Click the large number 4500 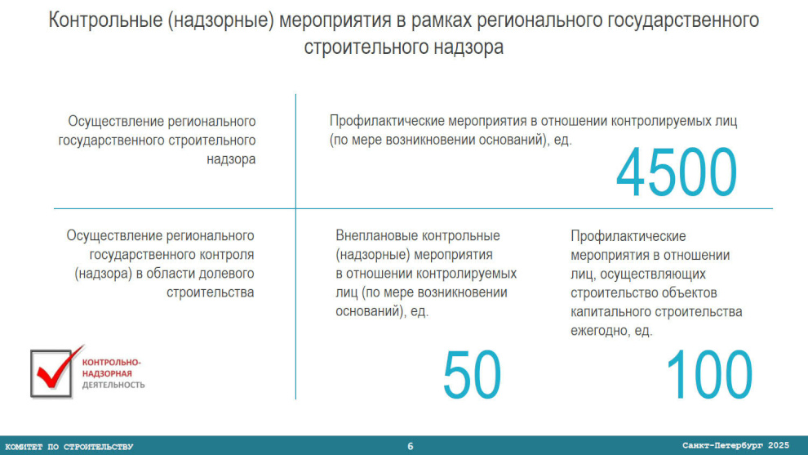point(676,172)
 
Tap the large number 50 point(472,374)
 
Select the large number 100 point(709,374)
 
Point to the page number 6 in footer point(411,446)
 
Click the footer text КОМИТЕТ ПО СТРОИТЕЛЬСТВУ point(69,447)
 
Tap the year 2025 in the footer point(778,445)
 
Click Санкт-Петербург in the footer point(722,445)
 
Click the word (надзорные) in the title point(220,21)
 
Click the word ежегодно point(599,331)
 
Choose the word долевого point(226,274)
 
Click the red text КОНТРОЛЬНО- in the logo point(111,363)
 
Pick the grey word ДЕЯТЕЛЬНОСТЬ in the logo point(113,385)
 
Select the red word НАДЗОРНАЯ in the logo point(107,373)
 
